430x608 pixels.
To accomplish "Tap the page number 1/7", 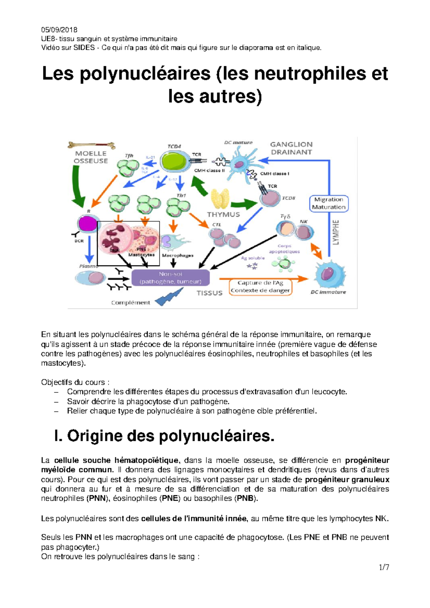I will click(384, 567).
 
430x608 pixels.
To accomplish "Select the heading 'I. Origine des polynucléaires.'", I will click(164, 436).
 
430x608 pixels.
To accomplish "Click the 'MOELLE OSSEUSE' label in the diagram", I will click(91, 157).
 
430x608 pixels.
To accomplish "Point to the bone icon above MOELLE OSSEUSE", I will click(91, 145).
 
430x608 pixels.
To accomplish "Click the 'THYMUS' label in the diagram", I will click(223, 214).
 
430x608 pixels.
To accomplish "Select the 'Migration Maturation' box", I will click(329, 203).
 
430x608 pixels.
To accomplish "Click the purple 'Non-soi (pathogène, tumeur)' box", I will click(171, 278).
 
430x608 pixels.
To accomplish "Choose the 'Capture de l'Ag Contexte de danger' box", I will click(261, 287).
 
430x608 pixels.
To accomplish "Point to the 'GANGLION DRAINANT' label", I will click(291, 148).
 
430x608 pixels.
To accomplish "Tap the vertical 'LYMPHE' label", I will click(335, 232).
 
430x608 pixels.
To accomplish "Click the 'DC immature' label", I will click(328, 292).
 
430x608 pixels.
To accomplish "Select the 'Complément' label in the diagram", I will click(130, 303).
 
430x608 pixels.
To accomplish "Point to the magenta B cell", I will click(87, 224).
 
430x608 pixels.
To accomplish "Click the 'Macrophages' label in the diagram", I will click(178, 256).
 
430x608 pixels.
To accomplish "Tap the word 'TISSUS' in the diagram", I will click(209, 293).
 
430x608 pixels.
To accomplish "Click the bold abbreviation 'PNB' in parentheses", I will click(245, 498).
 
